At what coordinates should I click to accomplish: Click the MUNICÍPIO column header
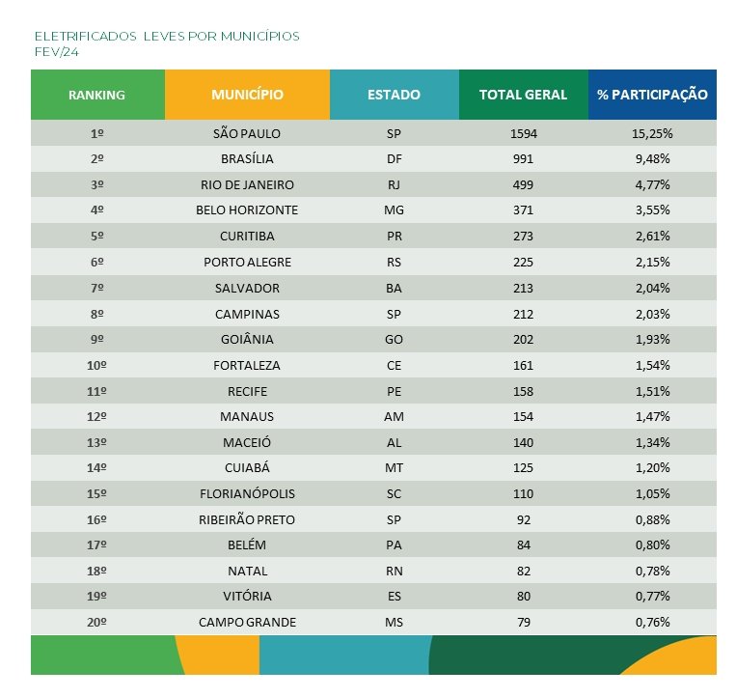(x=247, y=95)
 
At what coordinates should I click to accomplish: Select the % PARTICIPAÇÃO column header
(x=652, y=95)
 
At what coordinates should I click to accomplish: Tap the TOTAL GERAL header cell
(x=523, y=95)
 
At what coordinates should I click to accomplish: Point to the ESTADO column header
(x=394, y=95)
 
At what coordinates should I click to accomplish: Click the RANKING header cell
(x=96, y=95)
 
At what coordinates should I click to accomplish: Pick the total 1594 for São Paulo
(x=523, y=133)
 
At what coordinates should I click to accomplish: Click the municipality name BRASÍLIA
(x=247, y=158)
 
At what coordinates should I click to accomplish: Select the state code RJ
(x=394, y=184)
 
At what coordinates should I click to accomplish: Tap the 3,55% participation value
(x=652, y=210)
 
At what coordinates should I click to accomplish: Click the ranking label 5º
(x=96, y=236)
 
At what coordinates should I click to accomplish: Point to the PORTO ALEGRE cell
(x=247, y=262)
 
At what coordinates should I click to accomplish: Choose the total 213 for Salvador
(x=523, y=288)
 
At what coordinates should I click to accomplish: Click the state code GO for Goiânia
(x=394, y=339)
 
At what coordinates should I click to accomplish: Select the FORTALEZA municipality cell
(x=247, y=365)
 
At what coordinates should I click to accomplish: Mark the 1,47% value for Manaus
(x=652, y=416)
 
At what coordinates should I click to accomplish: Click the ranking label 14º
(x=96, y=468)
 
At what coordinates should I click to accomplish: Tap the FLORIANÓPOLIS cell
(x=247, y=493)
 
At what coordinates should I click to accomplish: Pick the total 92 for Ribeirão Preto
(x=523, y=519)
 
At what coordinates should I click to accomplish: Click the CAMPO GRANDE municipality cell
(x=247, y=623)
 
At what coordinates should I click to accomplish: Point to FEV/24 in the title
(x=56, y=51)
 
